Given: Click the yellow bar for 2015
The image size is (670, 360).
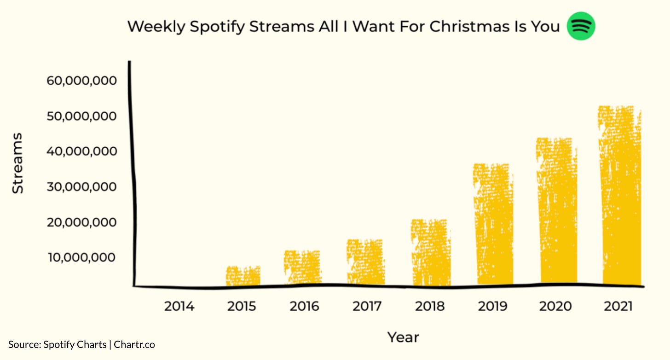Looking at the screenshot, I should click(x=243, y=276).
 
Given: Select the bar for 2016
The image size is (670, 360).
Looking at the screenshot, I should click(x=302, y=267).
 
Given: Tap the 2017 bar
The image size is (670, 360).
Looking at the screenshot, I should click(x=365, y=262).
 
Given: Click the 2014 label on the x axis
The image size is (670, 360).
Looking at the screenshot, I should click(x=179, y=306).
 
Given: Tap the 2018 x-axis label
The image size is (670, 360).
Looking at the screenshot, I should click(x=430, y=306).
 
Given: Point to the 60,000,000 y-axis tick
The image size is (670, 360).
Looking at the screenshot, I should click(x=82, y=81).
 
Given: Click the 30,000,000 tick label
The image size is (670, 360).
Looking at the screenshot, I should click(x=82, y=187).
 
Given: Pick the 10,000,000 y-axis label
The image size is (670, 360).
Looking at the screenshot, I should click(x=82, y=257).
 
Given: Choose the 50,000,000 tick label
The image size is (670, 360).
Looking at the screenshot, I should click(x=82, y=116).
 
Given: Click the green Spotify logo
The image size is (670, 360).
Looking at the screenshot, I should click(x=581, y=26).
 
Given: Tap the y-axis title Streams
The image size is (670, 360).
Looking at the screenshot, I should click(x=17, y=163).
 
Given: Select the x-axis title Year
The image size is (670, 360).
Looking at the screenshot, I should click(x=403, y=337).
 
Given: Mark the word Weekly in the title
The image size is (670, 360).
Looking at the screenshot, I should click(x=156, y=27).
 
